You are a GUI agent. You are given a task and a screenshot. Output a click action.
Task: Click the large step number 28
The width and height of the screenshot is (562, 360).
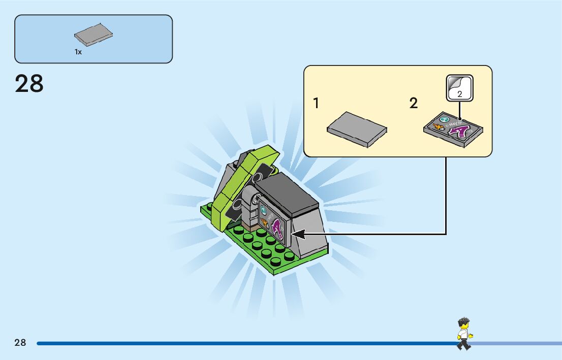(29, 84)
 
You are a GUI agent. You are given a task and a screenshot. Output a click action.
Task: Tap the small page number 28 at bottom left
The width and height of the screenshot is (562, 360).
(20, 343)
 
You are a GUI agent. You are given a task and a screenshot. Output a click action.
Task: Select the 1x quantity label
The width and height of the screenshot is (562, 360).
(78, 52)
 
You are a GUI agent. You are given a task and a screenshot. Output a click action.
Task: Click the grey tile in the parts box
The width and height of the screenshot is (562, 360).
(93, 36)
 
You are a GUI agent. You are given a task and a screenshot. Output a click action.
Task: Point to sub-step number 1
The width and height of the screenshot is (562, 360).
(317, 104)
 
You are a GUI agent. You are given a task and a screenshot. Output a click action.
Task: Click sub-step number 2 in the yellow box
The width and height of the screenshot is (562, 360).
(414, 104)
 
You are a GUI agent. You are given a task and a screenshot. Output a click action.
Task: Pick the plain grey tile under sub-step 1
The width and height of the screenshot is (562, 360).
(357, 129)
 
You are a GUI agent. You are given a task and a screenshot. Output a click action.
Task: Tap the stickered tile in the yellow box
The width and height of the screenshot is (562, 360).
(453, 129)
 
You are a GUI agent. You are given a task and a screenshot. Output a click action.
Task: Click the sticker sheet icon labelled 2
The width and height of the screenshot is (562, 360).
(459, 89)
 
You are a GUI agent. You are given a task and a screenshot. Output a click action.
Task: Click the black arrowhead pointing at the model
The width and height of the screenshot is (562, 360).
(298, 234)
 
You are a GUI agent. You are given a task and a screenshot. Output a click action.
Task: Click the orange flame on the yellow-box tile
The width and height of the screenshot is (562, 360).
(436, 125)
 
